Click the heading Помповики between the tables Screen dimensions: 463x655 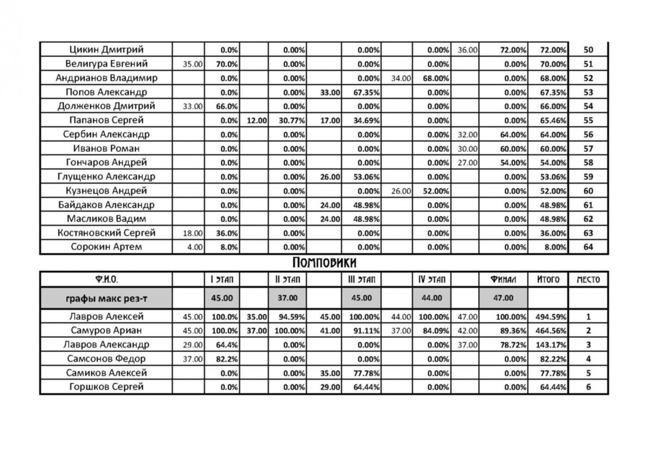(x=324, y=263)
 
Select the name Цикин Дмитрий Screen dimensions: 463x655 (x=106, y=50)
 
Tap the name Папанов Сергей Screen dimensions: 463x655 (x=106, y=120)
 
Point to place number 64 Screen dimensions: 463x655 (x=588, y=247)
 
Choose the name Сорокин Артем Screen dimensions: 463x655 (x=106, y=247)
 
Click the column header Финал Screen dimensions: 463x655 (x=503, y=280)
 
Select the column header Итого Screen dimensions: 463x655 (x=548, y=280)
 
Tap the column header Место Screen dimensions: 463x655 (x=588, y=280)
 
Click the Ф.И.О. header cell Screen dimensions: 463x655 (x=106, y=280)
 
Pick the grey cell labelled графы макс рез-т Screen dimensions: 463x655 (x=106, y=298)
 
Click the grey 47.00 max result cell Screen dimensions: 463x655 (x=503, y=298)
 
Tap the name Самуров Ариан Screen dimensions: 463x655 (x=106, y=330)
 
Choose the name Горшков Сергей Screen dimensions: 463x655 (x=106, y=387)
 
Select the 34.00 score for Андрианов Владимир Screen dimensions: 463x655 (x=401, y=78)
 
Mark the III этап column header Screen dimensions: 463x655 (x=361, y=280)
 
